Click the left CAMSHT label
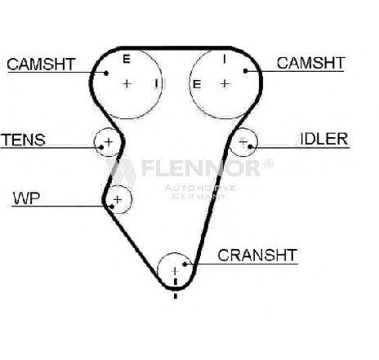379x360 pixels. click(41, 64)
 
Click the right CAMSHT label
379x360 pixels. click(311, 63)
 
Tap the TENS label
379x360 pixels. click(23, 140)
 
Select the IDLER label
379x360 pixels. click(324, 139)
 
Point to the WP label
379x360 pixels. click(26, 198)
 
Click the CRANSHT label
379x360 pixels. click(257, 255)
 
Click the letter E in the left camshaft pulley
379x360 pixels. click(127, 59)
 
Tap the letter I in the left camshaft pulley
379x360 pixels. click(156, 83)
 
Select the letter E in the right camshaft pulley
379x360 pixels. click(197, 84)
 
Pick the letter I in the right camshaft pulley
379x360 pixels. click(225, 59)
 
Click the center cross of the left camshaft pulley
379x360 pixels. click(127, 84)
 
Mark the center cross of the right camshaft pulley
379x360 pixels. click(225, 83)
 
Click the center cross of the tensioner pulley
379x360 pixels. click(109, 142)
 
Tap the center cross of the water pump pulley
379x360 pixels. click(118, 200)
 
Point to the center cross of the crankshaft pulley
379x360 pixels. click(175, 271)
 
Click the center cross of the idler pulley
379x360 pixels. click(243, 141)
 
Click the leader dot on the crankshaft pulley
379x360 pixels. click(185, 264)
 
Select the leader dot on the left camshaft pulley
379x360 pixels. click(106, 73)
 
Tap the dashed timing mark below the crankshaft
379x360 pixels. click(176, 288)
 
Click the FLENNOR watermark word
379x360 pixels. click(201, 168)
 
